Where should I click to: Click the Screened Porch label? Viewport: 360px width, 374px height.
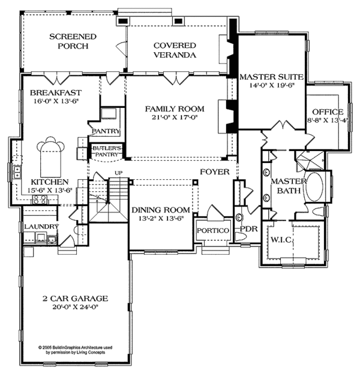coord(73,41)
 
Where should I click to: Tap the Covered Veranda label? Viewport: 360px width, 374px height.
coord(175,50)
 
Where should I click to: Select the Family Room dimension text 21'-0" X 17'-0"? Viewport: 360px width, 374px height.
coord(175,117)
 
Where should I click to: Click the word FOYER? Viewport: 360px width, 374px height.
coord(215,172)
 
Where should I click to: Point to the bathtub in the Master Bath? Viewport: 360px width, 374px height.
coord(314,186)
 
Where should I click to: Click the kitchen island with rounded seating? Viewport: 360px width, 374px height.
coord(50,156)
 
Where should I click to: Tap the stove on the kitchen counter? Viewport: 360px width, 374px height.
coord(40,200)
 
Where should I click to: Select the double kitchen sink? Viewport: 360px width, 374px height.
coord(17,172)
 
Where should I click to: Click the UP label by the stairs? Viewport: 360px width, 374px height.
coord(118,173)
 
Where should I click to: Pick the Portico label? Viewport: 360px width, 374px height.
coord(213,231)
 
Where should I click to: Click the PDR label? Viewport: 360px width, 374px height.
coord(248,229)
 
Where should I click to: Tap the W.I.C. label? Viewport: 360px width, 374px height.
coord(281,240)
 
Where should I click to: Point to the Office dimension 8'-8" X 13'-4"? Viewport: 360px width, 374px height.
coord(328,120)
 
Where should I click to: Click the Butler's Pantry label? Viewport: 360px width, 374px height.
coord(106,151)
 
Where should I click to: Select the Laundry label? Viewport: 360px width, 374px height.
coord(41,227)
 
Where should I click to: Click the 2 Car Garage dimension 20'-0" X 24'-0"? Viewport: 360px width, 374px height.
coord(76,307)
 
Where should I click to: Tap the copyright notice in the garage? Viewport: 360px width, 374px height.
coord(76,350)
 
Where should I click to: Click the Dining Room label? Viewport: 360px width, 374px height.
coord(161,210)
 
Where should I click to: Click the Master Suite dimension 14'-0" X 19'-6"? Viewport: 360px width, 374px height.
coord(271,85)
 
